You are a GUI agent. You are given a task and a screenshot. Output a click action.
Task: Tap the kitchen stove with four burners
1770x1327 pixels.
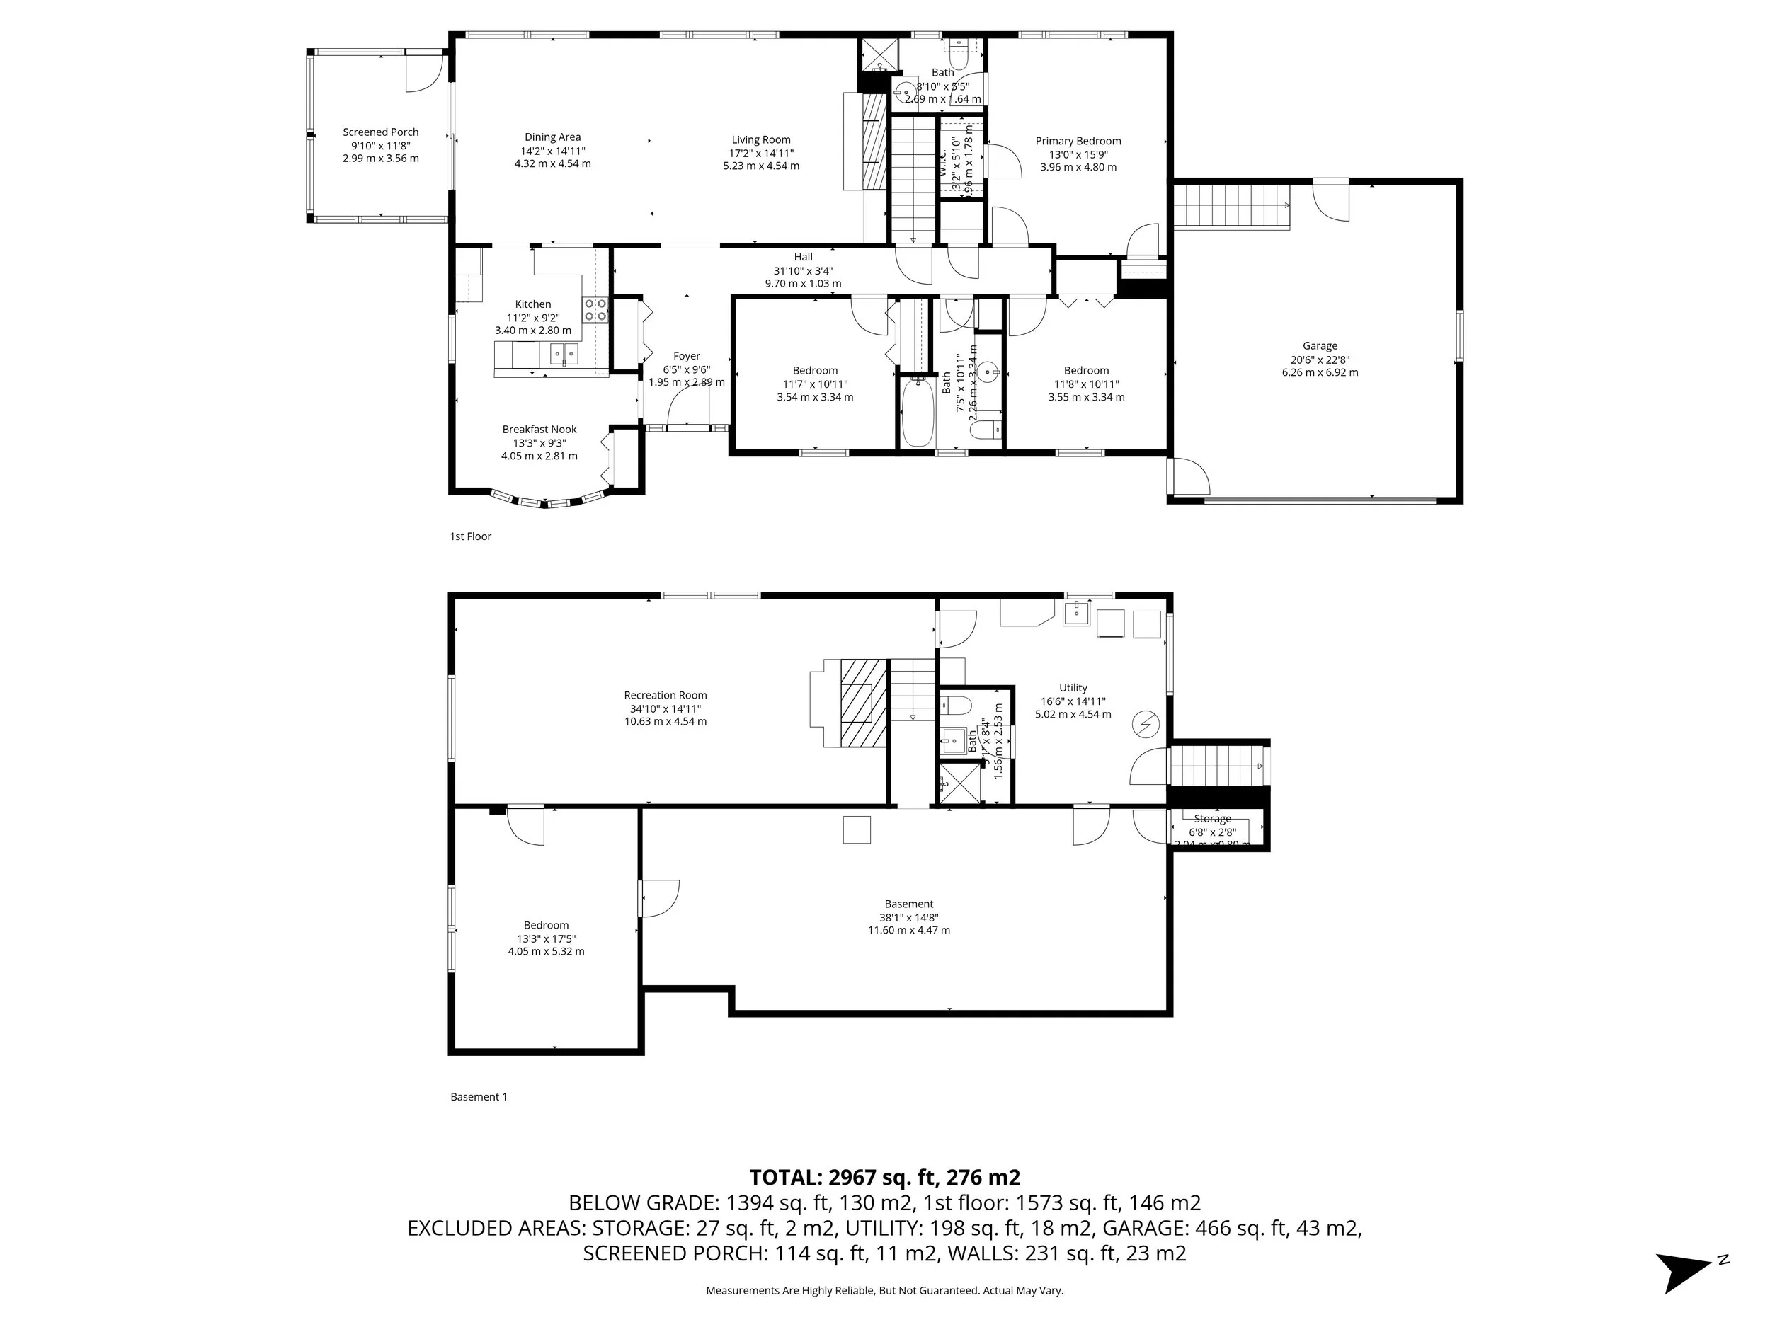click(595, 309)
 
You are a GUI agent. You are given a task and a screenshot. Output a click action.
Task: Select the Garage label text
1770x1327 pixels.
click(1320, 346)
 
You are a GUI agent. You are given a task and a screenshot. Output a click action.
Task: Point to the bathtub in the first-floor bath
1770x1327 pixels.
click(918, 414)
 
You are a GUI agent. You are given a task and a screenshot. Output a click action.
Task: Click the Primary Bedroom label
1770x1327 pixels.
click(1078, 142)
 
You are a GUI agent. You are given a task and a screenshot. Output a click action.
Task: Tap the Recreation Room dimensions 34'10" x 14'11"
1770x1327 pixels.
click(665, 708)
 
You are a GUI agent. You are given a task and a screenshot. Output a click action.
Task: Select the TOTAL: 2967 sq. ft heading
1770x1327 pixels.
click(884, 1178)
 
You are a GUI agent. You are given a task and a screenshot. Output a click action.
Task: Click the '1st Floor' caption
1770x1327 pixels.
click(471, 536)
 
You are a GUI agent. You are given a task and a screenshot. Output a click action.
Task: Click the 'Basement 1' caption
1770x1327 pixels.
click(479, 1097)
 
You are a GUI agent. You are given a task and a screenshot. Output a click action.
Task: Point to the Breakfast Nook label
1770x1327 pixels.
click(539, 430)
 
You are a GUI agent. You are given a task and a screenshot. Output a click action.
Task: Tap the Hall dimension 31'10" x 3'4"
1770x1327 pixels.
click(804, 270)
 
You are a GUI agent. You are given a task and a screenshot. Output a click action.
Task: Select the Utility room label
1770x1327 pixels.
click(1073, 688)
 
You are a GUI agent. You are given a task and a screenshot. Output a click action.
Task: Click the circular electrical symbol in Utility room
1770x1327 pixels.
click(1145, 725)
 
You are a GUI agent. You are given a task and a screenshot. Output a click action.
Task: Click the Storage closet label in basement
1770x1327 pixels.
click(1211, 819)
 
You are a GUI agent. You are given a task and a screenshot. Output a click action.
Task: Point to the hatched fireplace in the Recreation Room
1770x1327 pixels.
click(863, 702)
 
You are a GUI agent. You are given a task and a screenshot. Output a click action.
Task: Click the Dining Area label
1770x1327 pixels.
click(552, 137)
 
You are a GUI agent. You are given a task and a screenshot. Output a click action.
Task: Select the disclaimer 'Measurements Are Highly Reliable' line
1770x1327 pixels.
click(884, 1290)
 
